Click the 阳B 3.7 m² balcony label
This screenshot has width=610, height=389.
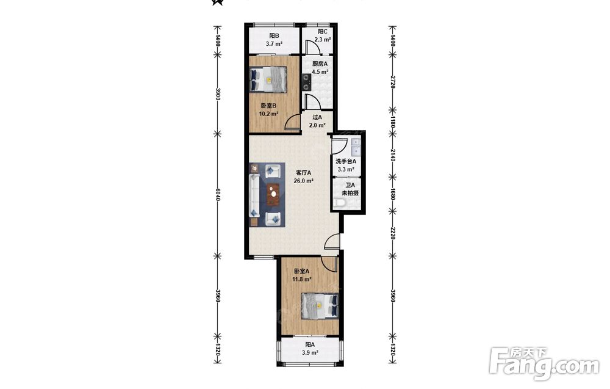tap(274, 40)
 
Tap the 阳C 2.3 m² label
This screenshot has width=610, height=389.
tap(323, 35)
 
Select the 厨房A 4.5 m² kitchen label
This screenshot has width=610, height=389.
tap(320, 67)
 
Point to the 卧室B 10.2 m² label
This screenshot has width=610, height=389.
tap(268, 110)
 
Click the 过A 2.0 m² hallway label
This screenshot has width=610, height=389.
tap(317, 121)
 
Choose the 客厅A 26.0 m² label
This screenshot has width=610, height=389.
tap(304, 176)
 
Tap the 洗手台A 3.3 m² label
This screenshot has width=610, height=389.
tap(346, 165)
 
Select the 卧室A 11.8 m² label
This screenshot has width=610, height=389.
tap(301, 275)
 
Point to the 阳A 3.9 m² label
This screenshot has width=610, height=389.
tap(310, 349)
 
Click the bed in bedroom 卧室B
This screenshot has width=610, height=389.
tap(268, 79)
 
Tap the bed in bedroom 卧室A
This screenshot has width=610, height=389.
tap(320, 306)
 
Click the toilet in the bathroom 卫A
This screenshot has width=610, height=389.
tap(340, 203)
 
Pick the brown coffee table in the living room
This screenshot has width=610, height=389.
tap(273, 194)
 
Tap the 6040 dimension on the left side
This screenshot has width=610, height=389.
tap(218, 195)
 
